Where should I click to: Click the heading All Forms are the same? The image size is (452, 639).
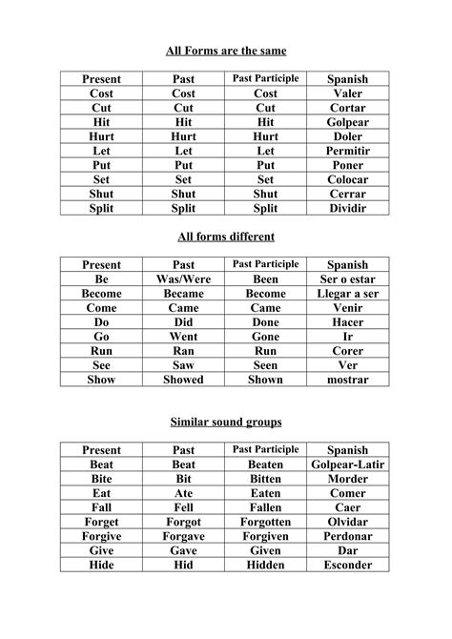click(226, 49)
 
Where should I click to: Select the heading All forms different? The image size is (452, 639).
click(226, 235)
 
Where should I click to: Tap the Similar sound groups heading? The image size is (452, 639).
click(226, 421)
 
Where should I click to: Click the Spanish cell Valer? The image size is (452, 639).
click(347, 93)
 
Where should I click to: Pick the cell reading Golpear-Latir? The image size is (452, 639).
click(347, 464)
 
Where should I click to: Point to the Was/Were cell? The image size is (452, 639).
click(184, 279)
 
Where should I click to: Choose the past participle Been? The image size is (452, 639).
click(266, 279)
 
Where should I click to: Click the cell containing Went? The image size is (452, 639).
click(184, 337)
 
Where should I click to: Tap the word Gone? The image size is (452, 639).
click(266, 337)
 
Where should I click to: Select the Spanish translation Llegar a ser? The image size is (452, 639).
click(347, 294)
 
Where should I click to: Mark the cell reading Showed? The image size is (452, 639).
click(184, 380)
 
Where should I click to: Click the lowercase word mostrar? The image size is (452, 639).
click(347, 380)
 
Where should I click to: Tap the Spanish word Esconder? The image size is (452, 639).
click(347, 565)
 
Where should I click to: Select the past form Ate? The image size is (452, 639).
click(184, 493)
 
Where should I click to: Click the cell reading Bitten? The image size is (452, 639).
click(266, 479)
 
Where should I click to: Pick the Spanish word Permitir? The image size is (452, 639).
click(347, 151)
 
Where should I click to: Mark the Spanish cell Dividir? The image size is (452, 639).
click(347, 208)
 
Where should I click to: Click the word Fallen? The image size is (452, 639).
click(266, 507)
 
